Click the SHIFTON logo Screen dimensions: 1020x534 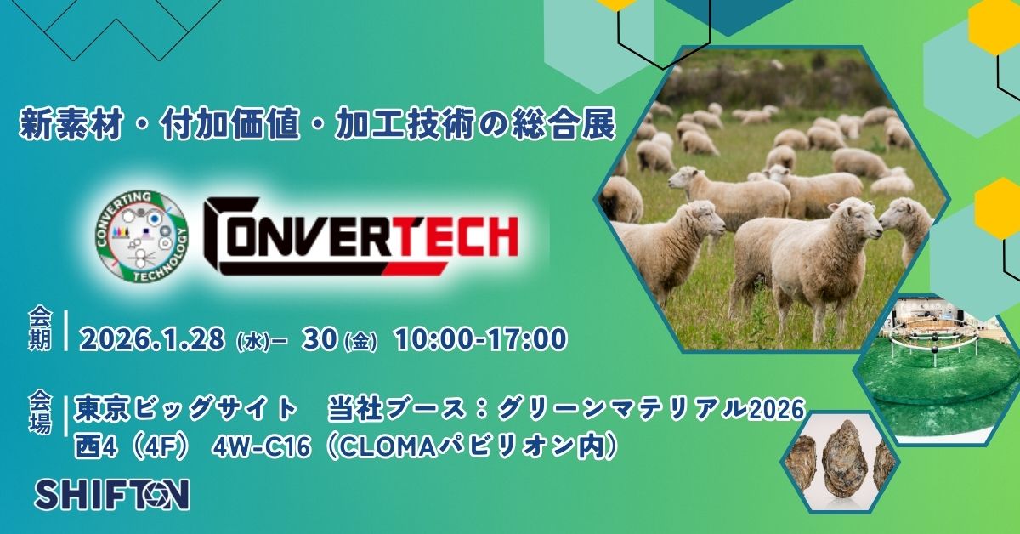point(112,494)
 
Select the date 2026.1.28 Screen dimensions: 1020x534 point(152,339)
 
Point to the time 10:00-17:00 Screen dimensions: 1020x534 point(481,339)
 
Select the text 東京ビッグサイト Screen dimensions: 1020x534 point(187,409)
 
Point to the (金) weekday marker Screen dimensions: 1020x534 point(360,342)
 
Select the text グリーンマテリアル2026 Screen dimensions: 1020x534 point(650,409)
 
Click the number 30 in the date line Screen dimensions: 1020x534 point(321,339)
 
